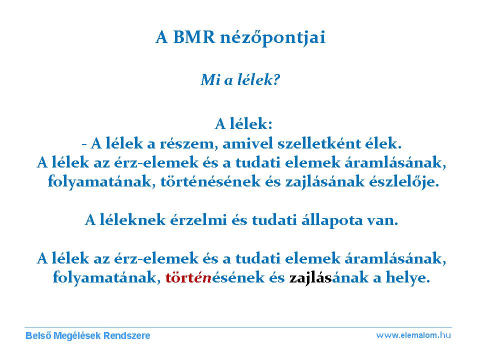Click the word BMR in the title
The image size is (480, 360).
point(194,37)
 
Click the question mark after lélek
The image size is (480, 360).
point(276,80)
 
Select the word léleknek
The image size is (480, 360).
point(132,220)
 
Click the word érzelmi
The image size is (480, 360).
point(198,220)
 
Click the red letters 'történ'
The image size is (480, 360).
point(188,277)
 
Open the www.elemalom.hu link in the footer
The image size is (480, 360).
point(413,335)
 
